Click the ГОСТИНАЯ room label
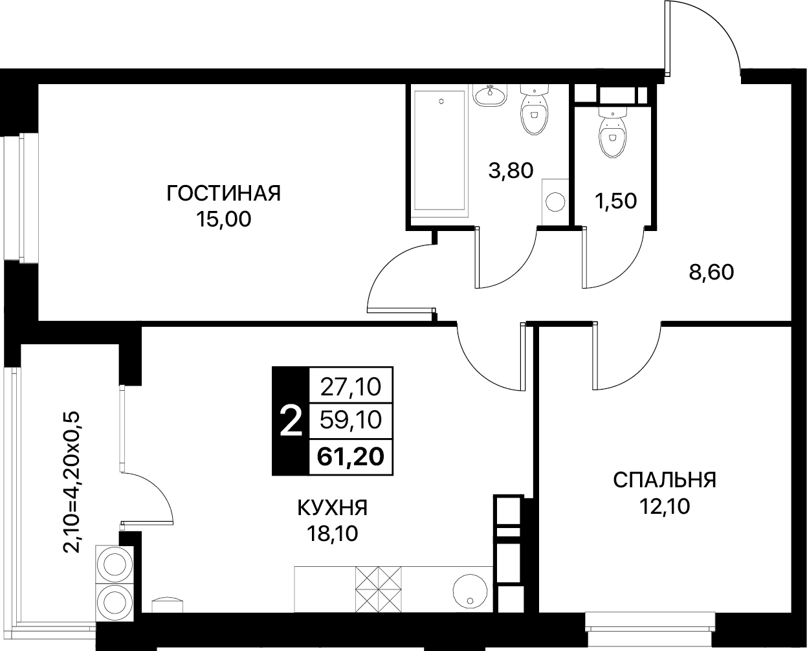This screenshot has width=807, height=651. (224, 193)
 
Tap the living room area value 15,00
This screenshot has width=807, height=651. (224, 220)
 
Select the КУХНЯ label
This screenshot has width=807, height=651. (332, 508)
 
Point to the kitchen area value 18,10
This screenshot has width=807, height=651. (332, 534)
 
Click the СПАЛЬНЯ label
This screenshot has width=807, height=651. (664, 480)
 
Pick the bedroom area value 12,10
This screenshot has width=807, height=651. (664, 506)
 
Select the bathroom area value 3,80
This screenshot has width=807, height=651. (511, 171)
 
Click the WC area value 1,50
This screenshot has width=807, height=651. (615, 201)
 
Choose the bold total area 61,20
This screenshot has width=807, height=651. (350, 457)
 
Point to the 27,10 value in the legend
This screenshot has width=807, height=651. (350, 387)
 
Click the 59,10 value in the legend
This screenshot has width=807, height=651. (350, 421)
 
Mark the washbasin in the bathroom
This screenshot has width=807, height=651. (490, 96)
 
